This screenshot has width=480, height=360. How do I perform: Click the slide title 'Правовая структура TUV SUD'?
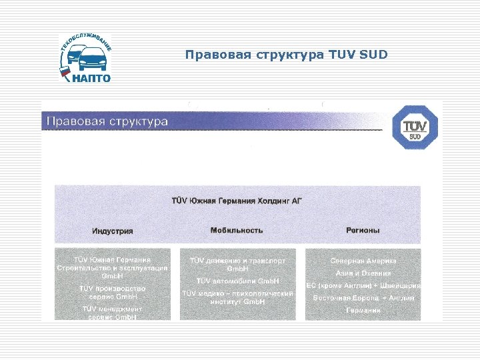pos(286,54)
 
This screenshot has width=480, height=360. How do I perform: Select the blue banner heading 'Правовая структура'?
pos(106,121)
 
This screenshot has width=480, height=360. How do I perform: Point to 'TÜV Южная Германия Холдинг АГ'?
pos(237,200)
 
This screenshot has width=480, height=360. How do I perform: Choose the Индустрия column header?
pos(113,231)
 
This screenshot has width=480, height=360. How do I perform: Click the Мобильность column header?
pos(237,230)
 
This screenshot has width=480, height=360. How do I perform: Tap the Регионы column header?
pos(363,230)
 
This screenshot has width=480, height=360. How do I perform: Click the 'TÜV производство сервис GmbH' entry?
pos(113,292)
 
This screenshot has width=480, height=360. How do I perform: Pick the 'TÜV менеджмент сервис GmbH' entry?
pos(113,313)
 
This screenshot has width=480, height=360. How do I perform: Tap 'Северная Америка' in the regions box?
pos(363,261)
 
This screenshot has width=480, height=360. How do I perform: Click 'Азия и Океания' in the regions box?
pos(363,273)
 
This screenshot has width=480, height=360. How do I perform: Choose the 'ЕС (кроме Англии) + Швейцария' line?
pos(363,285)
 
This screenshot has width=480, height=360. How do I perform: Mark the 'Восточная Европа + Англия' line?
pos(363,298)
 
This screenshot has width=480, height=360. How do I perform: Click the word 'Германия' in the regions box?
pos(363,311)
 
